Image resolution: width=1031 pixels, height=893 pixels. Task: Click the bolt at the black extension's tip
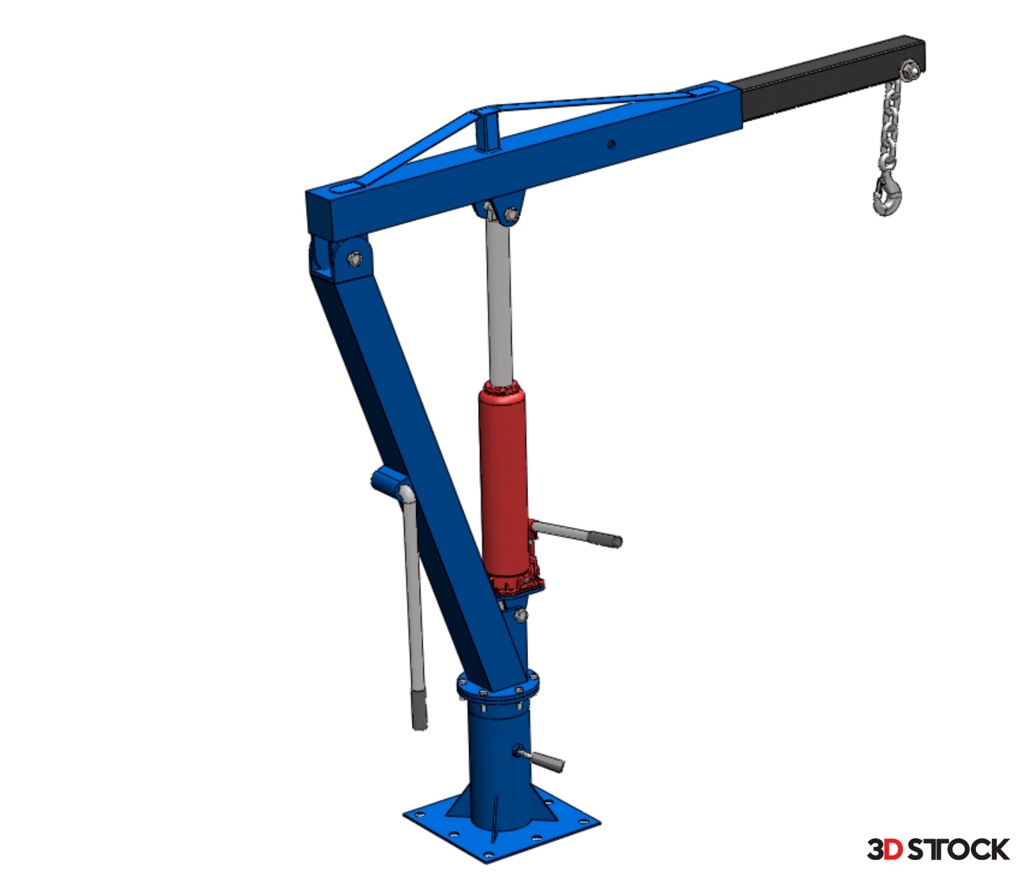coord(910,70)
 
